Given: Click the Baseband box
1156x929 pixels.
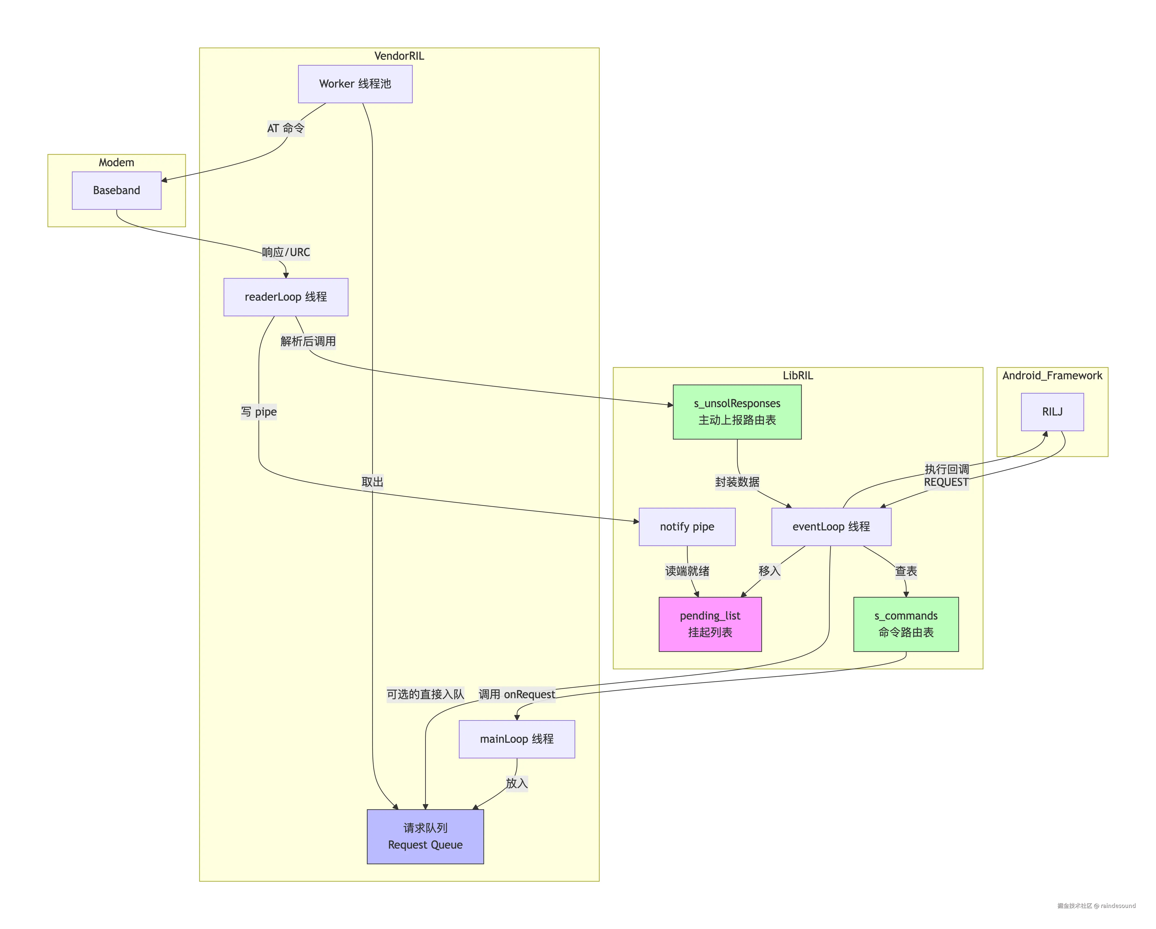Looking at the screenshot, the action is (116, 190).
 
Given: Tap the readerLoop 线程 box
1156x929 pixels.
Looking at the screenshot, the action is (286, 297).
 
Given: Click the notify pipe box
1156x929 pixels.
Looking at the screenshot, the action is (687, 527).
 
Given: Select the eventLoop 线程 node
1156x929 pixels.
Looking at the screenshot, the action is (831, 527).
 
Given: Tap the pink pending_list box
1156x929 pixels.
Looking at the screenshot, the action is (710, 624).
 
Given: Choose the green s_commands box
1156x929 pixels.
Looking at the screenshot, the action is (906, 624).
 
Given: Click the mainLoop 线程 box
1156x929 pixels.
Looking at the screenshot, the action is (517, 739).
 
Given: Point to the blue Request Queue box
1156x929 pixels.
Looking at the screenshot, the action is (425, 836).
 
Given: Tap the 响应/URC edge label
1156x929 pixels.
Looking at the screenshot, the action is (286, 252).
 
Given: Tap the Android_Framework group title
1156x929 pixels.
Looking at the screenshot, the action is (1052, 376).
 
